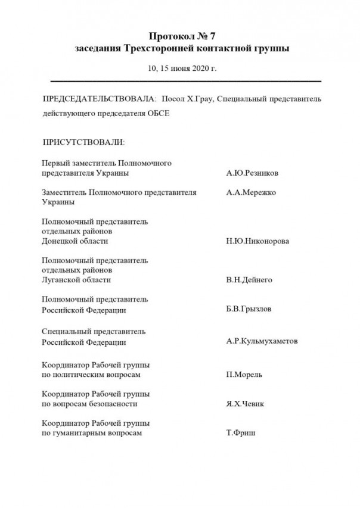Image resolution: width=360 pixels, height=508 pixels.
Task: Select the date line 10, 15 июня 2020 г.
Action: (182, 68)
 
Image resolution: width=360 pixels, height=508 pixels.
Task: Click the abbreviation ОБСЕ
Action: (158, 113)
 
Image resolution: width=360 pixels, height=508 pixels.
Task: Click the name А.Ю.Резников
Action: (253, 173)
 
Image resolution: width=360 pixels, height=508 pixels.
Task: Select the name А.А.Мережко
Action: (251, 193)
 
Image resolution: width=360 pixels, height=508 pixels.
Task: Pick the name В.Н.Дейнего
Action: (250, 280)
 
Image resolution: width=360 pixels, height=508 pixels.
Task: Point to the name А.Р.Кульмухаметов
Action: (262, 342)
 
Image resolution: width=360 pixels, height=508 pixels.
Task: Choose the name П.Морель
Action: (244, 375)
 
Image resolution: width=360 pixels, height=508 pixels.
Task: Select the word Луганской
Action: (61, 280)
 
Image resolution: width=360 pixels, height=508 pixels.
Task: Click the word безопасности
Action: (114, 404)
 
